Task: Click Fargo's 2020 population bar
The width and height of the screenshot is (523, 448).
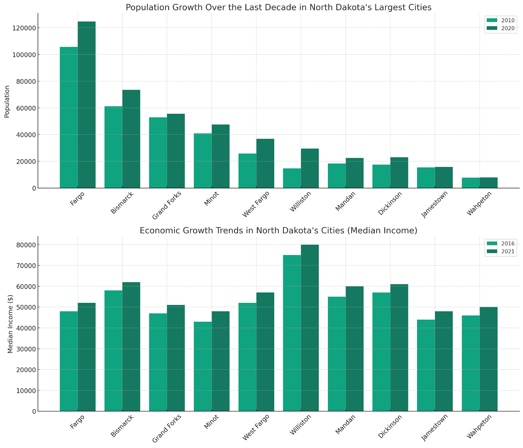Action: tap(87, 105)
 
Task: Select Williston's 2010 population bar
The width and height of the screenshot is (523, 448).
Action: tap(292, 178)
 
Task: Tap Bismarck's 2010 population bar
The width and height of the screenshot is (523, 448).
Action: tap(113, 147)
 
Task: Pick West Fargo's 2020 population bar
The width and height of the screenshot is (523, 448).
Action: tap(265, 164)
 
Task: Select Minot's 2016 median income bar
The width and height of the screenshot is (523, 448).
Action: tap(203, 366)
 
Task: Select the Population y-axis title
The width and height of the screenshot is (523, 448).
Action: tap(7, 101)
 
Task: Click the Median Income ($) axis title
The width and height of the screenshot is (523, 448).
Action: tap(10, 324)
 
